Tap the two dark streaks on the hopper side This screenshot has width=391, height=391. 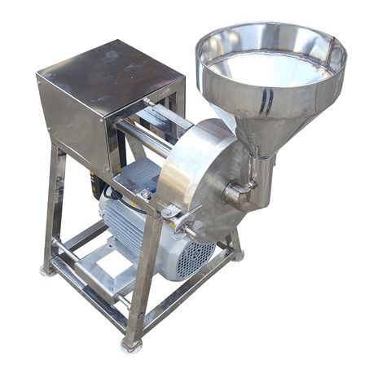coord(265,101)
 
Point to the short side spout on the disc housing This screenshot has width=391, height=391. coord(235,194)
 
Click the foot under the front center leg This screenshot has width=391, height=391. coord(130,346)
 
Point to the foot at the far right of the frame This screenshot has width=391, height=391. coord(238,255)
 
